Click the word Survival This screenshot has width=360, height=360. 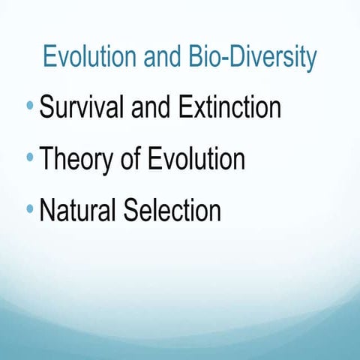(x=82, y=109)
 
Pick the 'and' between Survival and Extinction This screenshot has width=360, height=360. (x=152, y=109)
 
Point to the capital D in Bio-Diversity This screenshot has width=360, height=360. (x=236, y=57)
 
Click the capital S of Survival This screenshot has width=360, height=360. (x=47, y=109)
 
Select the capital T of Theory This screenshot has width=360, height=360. (x=47, y=159)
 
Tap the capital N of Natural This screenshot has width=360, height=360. (x=48, y=210)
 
